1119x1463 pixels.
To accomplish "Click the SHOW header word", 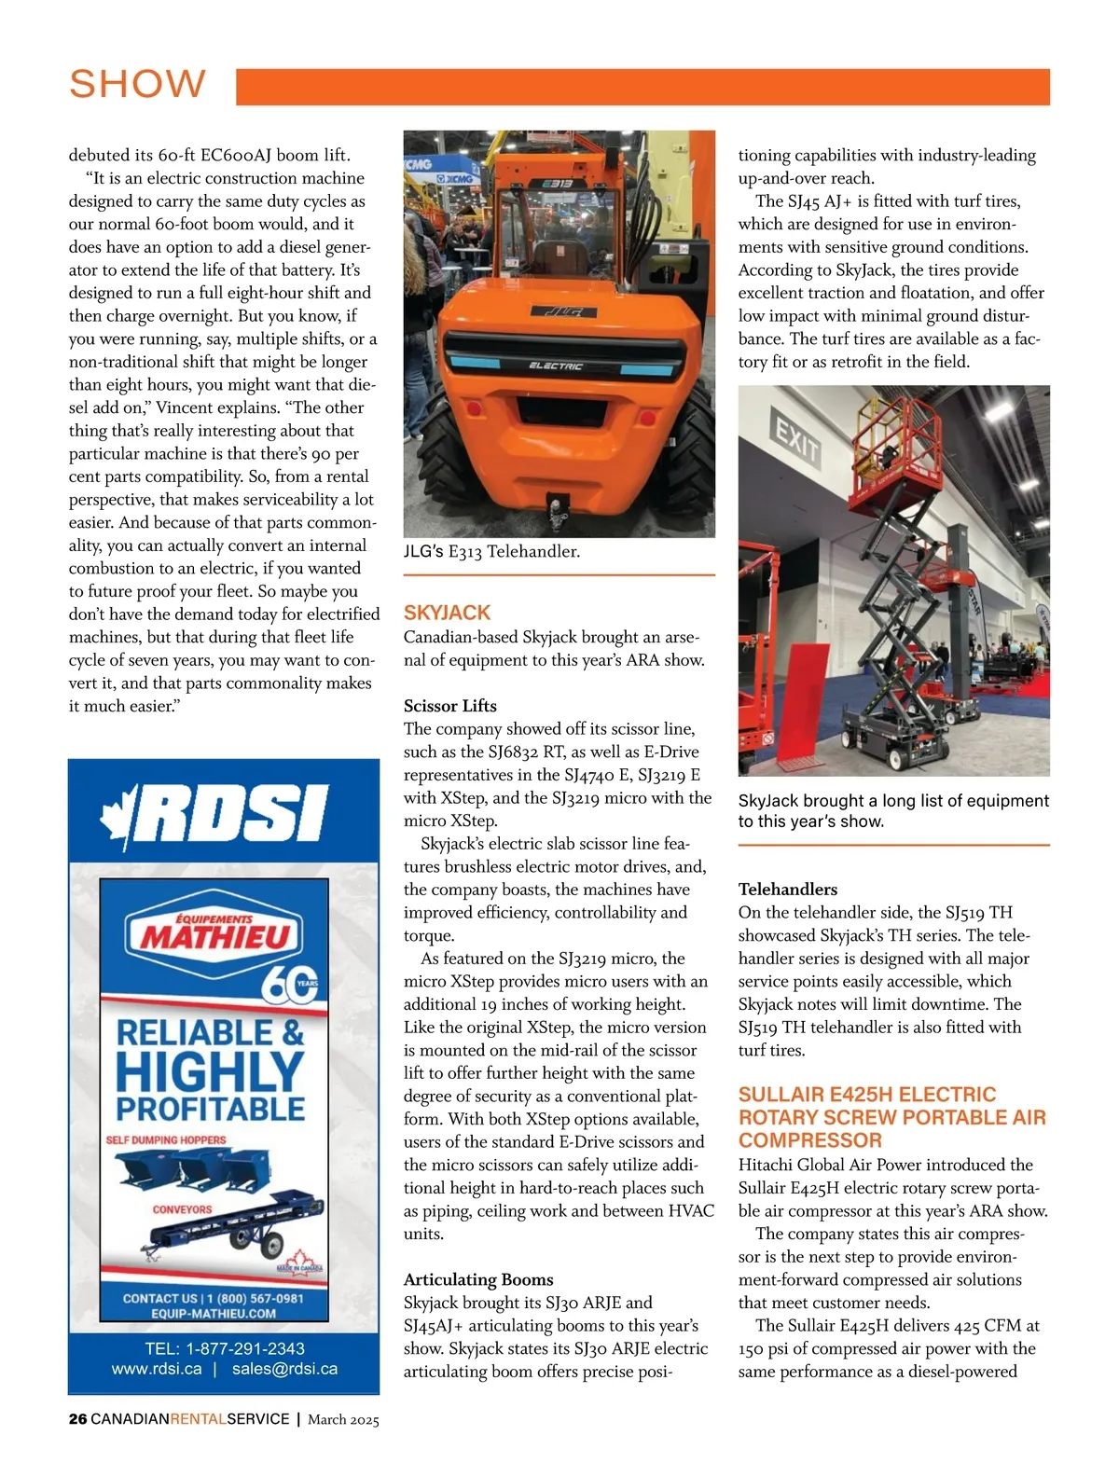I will [x=137, y=84].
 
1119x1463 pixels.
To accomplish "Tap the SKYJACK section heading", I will [x=447, y=613].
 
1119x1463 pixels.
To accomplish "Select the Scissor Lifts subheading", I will [x=449, y=706].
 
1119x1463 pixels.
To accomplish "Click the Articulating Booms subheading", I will [x=478, y=1279].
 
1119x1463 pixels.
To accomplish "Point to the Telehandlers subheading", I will [x=787, y=890].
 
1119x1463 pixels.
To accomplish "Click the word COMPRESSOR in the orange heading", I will [x=809, y=1140].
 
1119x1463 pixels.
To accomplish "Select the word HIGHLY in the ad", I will [x=210, y=1071].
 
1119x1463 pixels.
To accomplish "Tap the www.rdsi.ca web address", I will [x=157, y=1369].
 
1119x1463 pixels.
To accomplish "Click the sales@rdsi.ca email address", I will [x=284, y=1369].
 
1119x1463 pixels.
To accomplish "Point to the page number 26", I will [x=77, y=1419].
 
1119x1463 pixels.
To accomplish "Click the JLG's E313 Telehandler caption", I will [x=491, y=552].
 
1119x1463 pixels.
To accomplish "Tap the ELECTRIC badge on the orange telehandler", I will [x=556, y=366].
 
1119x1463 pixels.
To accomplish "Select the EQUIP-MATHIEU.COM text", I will [x=214, y=1314].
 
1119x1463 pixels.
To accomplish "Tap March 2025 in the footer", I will [x=343, y=1419].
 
